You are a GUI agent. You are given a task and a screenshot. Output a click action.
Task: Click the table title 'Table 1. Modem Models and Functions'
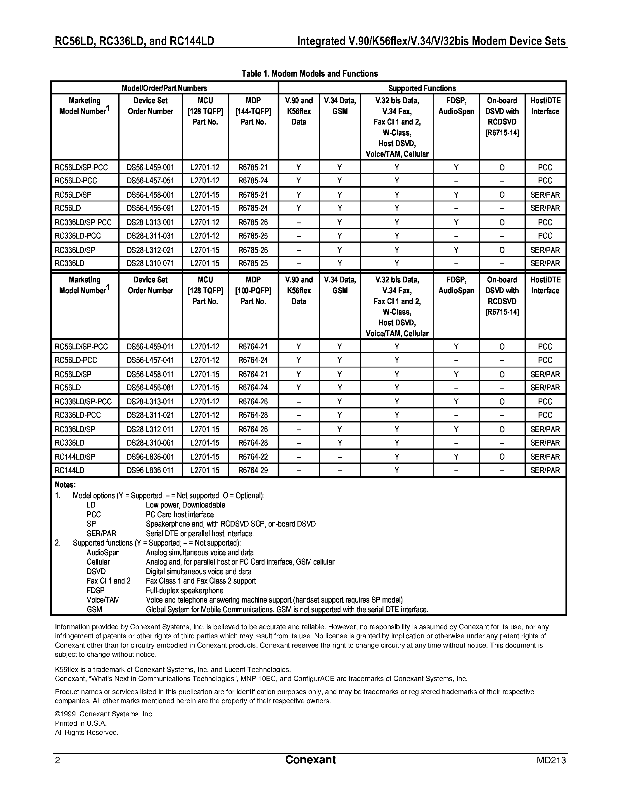[309, 74]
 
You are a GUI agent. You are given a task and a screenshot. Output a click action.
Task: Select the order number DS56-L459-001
[150, 168]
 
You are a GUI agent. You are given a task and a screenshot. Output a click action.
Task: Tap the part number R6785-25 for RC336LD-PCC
[253, 236]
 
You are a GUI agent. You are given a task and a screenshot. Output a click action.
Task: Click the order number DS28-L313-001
[150, 222]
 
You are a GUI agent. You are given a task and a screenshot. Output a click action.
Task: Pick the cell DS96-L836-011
[150, 470]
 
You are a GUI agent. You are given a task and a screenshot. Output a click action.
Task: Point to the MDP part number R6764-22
[253, 457]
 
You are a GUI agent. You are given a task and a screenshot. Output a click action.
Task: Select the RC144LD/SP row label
[75, 457]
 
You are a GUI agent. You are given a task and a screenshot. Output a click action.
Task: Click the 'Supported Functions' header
[422, 88]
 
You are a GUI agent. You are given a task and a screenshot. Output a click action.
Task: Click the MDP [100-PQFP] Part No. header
[253, 290]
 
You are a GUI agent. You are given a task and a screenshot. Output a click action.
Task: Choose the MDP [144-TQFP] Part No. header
[253, 111]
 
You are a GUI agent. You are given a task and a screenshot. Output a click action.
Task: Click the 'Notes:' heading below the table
[65, 485]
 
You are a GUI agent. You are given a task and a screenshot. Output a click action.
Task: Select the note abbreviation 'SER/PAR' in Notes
[101, 534]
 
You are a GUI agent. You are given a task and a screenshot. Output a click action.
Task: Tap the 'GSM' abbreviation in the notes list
[94, 609]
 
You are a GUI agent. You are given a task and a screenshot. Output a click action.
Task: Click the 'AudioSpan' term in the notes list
[103, 553]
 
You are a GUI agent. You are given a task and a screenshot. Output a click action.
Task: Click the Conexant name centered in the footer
[310, 760]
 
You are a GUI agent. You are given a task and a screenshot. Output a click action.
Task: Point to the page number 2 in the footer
[57, 760]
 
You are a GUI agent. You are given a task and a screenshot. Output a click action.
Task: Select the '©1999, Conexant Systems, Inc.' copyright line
[104, 714]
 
